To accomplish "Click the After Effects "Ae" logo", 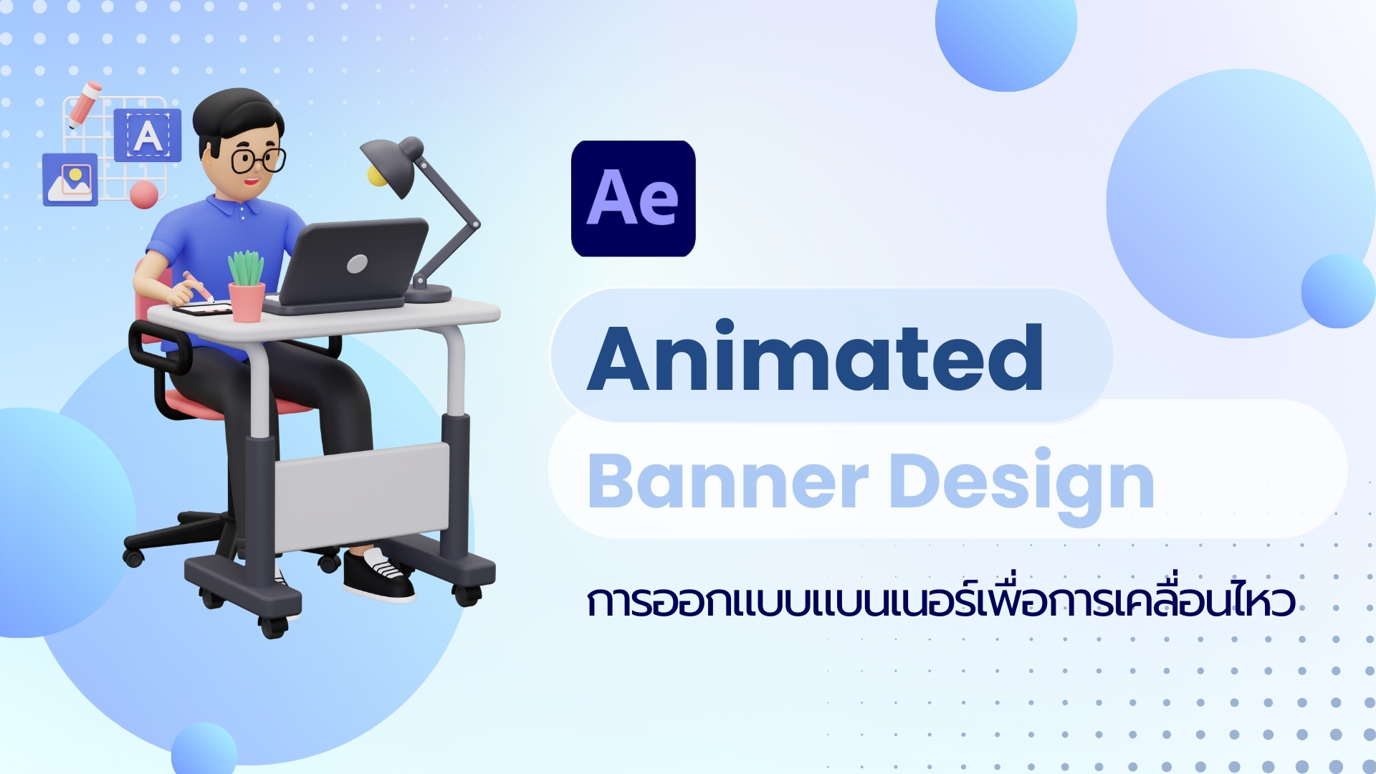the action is click(634, 199).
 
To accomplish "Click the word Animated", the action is click(815, 357).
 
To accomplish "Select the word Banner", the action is click(728, 480).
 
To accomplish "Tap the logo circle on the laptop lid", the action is click(357, 264).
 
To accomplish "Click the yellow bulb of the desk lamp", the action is click(376, 176).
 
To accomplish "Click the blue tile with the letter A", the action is click(148, 135).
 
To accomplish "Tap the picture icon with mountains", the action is click(70, 180).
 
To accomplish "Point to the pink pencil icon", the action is click(85, 104).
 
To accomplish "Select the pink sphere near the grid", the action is click(144, 194).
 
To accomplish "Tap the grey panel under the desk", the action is click(362, 497).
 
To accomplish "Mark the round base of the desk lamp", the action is click(428, 293).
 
